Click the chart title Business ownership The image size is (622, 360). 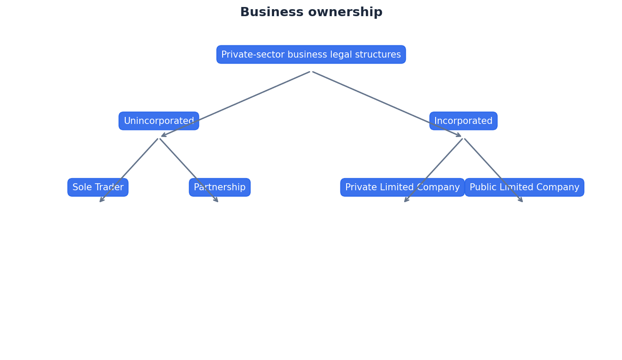click(x=311, y=12)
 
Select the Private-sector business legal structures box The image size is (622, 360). click(x=311, y=55)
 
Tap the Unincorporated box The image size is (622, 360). click(x=158, y=121)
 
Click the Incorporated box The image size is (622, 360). click(x=463, y=121)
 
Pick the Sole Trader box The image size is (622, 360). click(x=98, y=187)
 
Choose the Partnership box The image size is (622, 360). click(x=220, y=187)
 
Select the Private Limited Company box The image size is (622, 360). click(x=402, y=187)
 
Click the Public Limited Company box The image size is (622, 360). click(x=524, y=187)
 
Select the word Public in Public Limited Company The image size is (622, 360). click(x=481, y=187)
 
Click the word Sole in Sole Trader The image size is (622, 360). click(x=80, y=187)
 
